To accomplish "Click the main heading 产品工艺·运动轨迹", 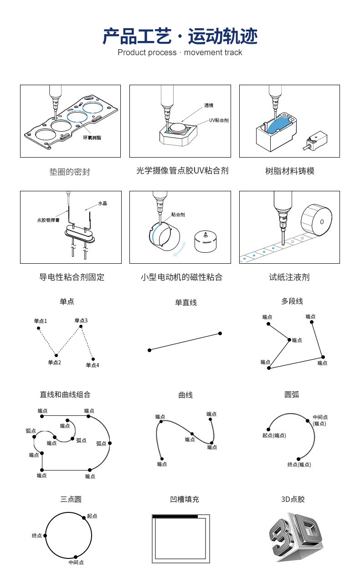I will (x=180, y=36).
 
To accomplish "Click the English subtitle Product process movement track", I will (x=180, y=52).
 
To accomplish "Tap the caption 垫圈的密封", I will (x=70, y=172).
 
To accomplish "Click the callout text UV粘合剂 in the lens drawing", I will (x=219, y=120).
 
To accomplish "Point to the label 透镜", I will (x=209, y=106).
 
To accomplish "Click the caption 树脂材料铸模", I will (x=290, y=171).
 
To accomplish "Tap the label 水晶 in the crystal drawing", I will (x=103, y=204).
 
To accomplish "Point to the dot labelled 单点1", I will (x=38, y=328).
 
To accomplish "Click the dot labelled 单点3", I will (x=81, y=326).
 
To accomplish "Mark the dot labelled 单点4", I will (x=93, y=358).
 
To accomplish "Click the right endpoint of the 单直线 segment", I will (x=220, y=333).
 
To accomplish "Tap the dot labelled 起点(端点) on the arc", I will (x=269, y=430).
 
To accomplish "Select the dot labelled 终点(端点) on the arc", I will (x=298, y=459).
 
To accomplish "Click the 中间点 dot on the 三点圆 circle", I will (x=75, y=557).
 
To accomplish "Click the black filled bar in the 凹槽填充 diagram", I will (x=175, y=517).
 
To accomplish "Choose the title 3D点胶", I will (x=293, y=499).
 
